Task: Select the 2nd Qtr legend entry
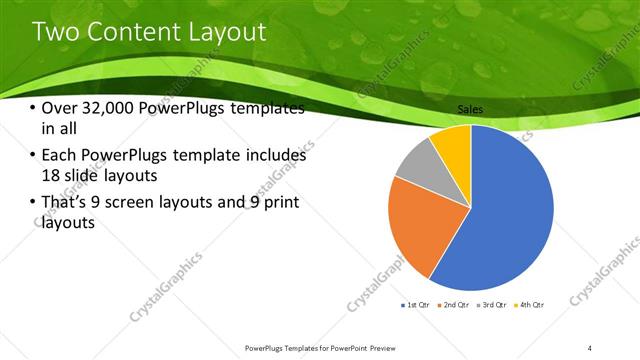tap(452, 304)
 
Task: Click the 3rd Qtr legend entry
tap(491, 304)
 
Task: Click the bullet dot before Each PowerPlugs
tap(33, 156)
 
